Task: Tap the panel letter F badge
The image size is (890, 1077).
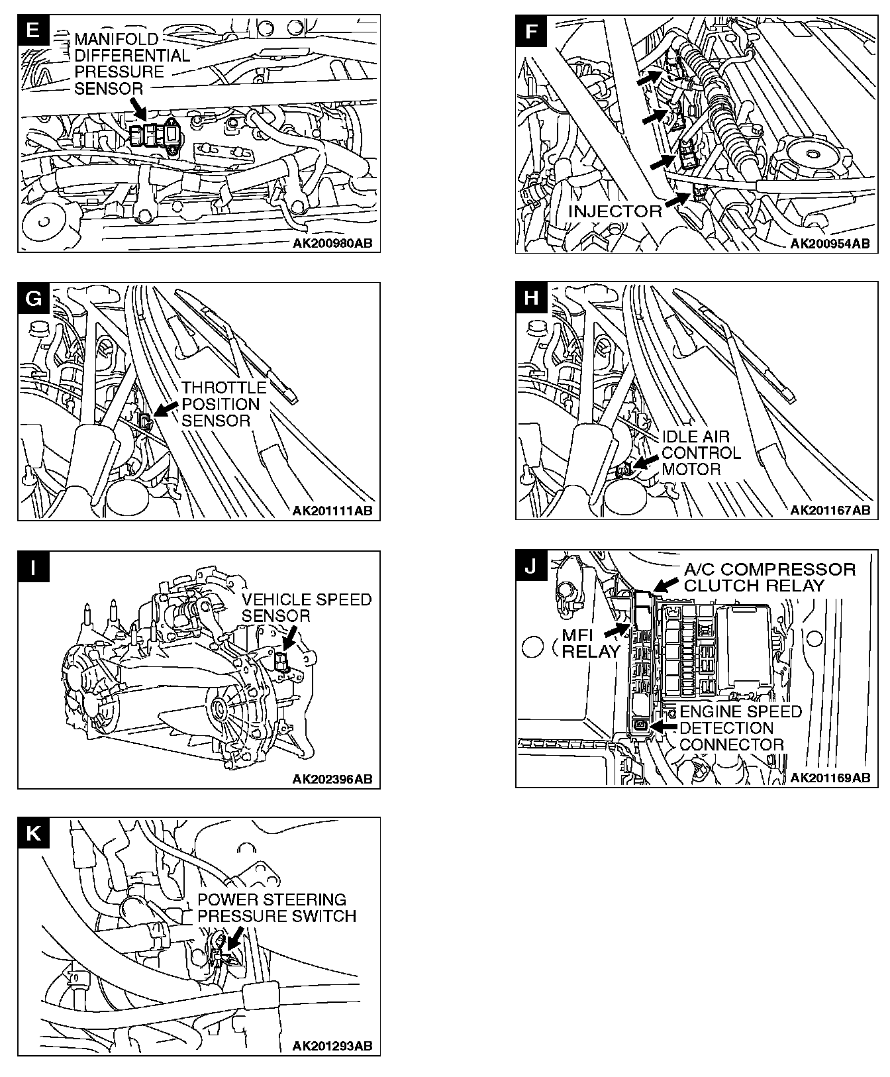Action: click(x=531, y=30)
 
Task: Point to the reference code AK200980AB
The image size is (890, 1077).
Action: click(x=332, y=244)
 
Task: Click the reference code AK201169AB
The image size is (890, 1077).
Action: click(x=830, y=778)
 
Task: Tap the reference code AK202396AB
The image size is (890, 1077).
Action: click(x=332, y=779)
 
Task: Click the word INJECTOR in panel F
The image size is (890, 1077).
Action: click(x=615, y=211)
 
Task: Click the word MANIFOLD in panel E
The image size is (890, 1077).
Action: click(x=117, y=40)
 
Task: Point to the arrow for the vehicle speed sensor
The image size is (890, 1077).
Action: click(x=289, y=639)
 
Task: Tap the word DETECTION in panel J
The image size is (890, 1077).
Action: click(x=726, y=728)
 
